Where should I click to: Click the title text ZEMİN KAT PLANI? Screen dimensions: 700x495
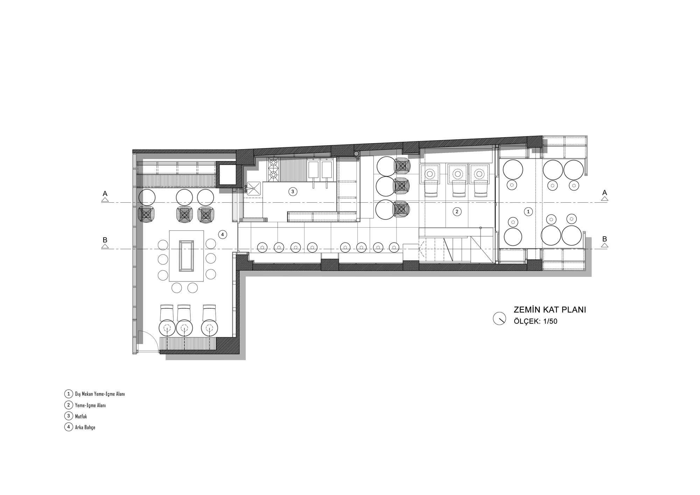549,310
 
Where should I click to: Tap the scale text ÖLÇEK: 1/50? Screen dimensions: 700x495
535,321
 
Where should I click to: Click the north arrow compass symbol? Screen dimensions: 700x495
499,319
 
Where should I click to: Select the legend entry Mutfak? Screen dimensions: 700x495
81,417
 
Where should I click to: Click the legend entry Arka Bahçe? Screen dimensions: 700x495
85,427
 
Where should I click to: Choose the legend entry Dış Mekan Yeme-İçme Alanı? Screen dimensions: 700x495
100,394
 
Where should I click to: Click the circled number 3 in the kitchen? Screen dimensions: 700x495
293,191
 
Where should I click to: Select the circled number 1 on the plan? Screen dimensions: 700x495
528,211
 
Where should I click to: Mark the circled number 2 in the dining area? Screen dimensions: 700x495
456,211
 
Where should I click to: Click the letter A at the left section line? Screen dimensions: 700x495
105,193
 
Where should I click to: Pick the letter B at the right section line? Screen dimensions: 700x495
604,239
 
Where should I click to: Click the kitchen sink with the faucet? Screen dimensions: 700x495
253,188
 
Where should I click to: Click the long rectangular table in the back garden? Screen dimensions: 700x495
187,256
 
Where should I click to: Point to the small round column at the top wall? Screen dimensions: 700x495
356,154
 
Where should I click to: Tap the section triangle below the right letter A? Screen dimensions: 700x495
604,199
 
